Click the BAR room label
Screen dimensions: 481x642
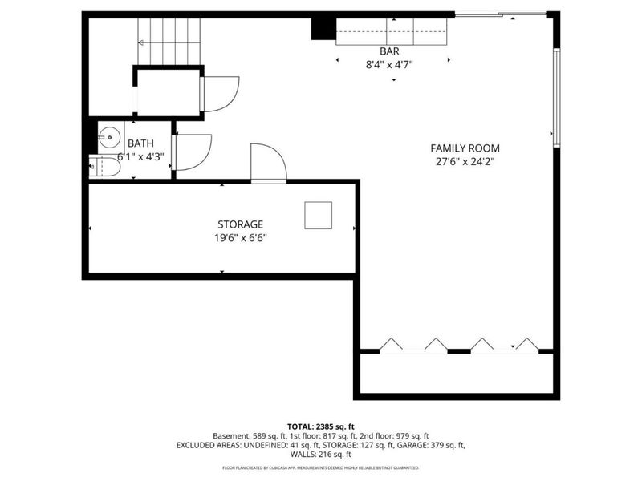click(390, 51)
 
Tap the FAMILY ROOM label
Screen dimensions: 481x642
click(465, 148)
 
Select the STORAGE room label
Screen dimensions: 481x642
click(240, 224)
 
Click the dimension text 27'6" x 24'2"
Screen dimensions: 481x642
click(465, 161)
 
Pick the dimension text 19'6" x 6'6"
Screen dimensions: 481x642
click(240, 237)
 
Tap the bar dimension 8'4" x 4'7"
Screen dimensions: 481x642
click(390, 65)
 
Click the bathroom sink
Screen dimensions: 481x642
click(108, 137)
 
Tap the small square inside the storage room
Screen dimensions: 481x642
click(317, 215)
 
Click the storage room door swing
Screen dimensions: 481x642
click(268, 164)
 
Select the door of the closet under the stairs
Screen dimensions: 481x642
click(220, 93)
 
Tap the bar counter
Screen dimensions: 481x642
click(390, 33)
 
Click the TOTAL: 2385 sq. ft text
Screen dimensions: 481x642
click(321, 426)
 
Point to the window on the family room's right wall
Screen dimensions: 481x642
click(555, 96)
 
